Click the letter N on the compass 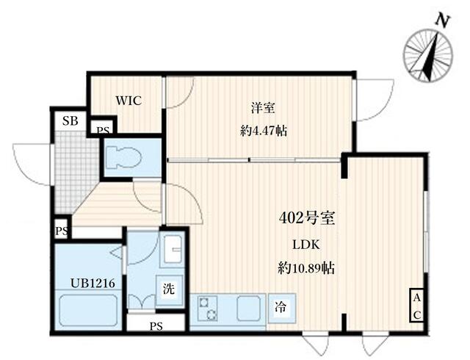[x=441, y=20]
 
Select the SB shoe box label [x=70, y=121]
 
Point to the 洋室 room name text [x=262, y=109]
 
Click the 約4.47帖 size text [x=262, y=131]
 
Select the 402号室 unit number [x=307, y=217]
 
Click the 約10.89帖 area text [x=307, y=268]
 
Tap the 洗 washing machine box [x=169, y=289]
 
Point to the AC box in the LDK [x=416, y=305]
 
